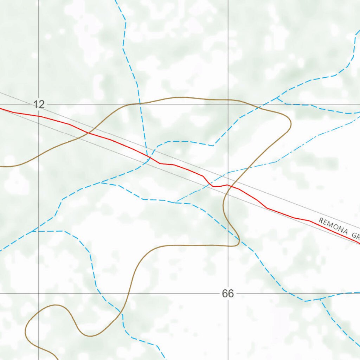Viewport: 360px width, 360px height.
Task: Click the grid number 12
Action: pos(39,104)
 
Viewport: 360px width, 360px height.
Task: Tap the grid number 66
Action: pos(227,294)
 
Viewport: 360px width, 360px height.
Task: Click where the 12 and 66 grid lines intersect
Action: pos(228,104)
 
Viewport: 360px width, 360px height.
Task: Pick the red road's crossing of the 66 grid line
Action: pos(228,185)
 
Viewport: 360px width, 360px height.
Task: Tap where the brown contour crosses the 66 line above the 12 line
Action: pos(228,100)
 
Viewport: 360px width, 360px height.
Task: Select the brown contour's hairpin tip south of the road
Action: pos(239,242)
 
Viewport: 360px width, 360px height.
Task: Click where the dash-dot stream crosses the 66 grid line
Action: pos(228,173)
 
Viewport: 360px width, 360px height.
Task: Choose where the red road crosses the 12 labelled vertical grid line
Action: pos(39,116)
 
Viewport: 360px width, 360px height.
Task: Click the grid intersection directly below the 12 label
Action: pos(39,293)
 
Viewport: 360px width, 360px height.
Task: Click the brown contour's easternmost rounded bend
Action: pos(291,123)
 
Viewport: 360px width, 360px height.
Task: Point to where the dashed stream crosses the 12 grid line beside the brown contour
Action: pos(140,104)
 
